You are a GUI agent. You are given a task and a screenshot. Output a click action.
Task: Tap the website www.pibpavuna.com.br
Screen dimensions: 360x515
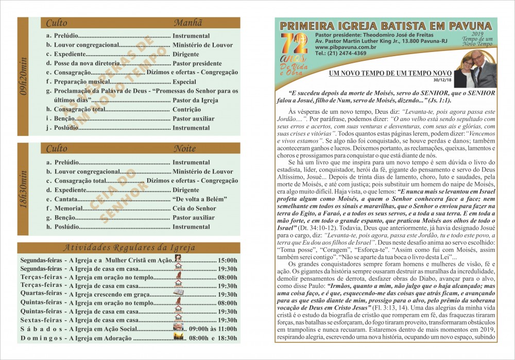click(x=340, y=47)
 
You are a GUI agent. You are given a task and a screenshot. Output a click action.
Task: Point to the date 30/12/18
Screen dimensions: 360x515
click(x=443, y=80)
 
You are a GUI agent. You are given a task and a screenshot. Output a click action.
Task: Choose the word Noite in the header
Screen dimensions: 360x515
click(x=184, y=149)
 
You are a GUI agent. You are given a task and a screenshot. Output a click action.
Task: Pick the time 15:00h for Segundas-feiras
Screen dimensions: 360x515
click(x=227, y=260)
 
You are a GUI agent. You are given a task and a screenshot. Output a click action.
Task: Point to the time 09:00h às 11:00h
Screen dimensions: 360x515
click(x=213, y=329)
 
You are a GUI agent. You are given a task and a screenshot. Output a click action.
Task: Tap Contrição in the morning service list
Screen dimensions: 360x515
click(x=186, y=109)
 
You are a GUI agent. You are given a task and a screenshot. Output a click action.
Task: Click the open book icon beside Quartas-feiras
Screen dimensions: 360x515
click(x=179, y=293)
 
